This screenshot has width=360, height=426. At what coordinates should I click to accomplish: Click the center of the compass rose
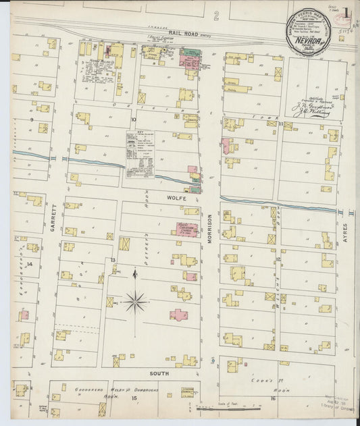click(136, 301)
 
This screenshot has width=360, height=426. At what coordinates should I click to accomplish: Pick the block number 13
click(113, 260)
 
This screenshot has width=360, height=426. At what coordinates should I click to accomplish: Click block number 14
click(30, 264)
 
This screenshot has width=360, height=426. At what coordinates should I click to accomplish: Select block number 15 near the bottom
click(134, 398)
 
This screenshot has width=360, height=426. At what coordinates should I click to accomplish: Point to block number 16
click(273, 398)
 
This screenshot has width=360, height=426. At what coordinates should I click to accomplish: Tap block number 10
click(133, 119)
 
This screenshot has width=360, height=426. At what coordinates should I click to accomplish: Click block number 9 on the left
click(32, 119)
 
